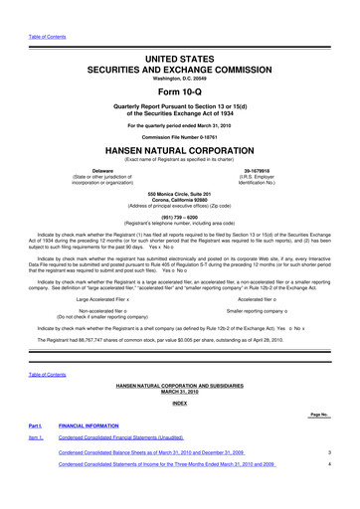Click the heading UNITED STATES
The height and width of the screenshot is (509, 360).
click(x=179, y=33)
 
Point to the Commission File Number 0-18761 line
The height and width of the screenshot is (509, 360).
click(x=179, y=130)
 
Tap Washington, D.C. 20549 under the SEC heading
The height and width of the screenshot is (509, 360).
click(x=179, y=50)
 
